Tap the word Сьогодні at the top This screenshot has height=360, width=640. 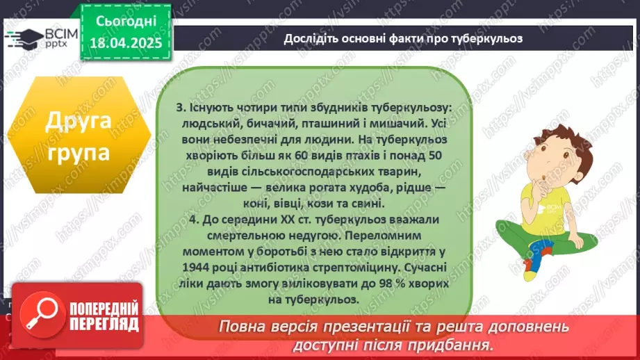click(125, 22)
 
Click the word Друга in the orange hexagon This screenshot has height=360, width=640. click(78, 122)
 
